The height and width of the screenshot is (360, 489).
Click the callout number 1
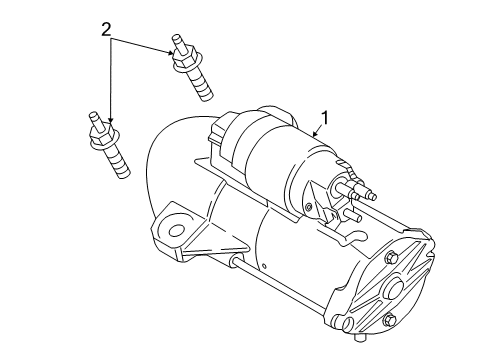(324, 118)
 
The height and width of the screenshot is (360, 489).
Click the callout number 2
(106, 30)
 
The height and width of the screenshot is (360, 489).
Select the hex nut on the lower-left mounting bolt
(103, 136)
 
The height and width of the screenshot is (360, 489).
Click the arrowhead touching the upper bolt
(171, 52)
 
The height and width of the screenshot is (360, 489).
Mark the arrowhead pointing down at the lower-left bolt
(110, 120)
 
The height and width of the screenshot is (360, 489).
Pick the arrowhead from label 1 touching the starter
(315, 134)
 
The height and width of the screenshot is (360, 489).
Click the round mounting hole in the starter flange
(176, 230)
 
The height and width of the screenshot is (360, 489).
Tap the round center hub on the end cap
(394, 287)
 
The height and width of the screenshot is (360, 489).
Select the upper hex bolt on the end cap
(390, 258)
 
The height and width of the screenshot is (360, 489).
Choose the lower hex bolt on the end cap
(389, 320)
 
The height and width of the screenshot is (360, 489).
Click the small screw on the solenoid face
(309, 208)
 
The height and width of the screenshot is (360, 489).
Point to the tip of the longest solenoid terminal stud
(373, 197)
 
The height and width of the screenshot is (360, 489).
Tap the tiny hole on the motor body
(264, 266)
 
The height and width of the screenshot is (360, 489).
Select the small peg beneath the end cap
(359, 337)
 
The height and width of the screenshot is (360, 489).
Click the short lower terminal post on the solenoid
(353, 215)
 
